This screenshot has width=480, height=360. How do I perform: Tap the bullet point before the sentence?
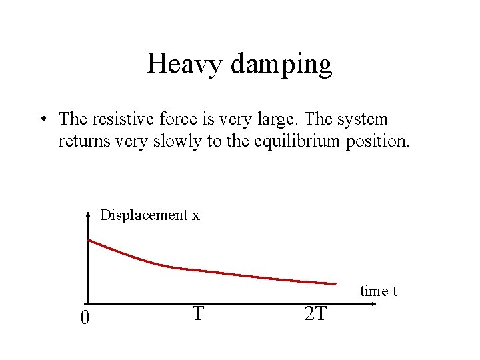pos(42,120)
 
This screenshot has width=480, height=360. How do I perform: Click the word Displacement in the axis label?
pos(144,215)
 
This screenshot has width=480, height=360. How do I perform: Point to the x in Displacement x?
pos(195,216)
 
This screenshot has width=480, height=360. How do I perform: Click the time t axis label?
pos(379,291)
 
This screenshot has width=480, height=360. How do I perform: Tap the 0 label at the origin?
pos(84,318)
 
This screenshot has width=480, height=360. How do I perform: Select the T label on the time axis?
pos(197,313)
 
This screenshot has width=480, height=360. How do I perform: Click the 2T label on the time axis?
pos(315,313)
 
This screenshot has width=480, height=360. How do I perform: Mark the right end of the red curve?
pos(335,283)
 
